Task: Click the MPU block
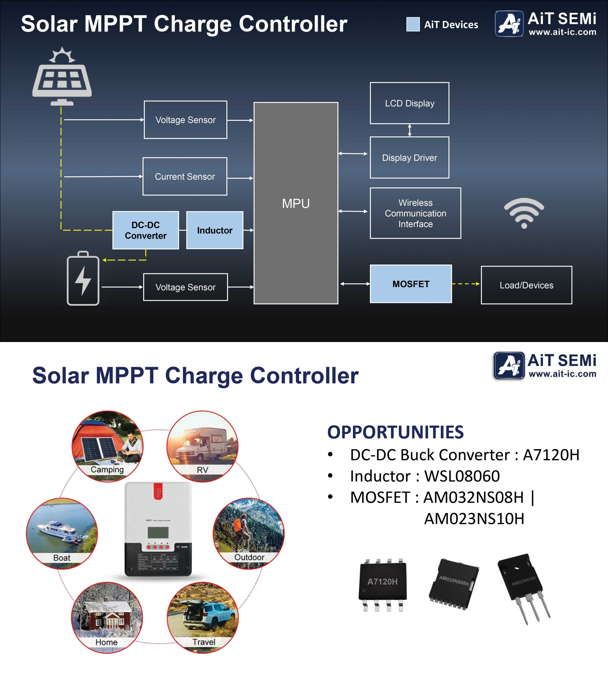[296, 203]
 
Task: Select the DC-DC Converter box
[146, 230]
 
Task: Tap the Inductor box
[215, 230]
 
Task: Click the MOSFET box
[411, 284]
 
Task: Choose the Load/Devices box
[526, 285]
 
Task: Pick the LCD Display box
[409, 103]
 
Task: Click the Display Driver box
[409, 158]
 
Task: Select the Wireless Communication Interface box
[415, 213]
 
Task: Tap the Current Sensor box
[185, 176]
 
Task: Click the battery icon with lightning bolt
[83, 278]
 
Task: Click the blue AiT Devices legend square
[413, 24]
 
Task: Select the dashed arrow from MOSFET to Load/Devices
[466, 284]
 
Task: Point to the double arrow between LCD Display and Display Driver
[409, 130]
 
